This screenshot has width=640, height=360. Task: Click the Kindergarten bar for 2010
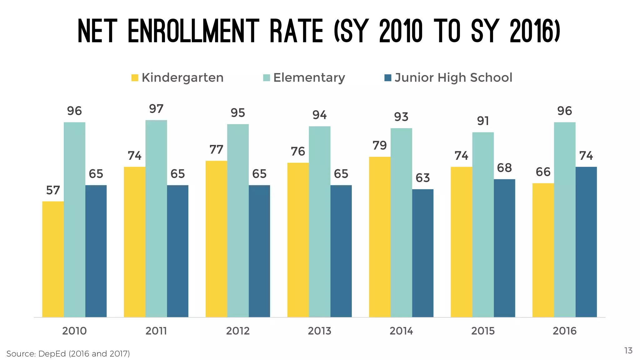[x=53, y=259]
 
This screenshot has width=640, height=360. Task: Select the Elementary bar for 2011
[x=156, y=218]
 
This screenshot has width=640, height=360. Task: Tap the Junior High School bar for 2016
[x=586, y=242]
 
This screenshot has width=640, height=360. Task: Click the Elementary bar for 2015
[x=483, y=225]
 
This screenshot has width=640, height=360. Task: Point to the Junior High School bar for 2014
[x=422, y=253]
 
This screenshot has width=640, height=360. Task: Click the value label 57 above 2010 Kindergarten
[x=53, y=190]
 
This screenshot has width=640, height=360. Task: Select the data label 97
[x=156, y=109]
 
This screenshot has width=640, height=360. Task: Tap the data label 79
[x=380, y=145]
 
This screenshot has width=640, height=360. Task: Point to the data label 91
[x=483, y=121]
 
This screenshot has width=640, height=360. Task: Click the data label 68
[x=504, y=168]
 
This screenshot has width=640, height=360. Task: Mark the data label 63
[x=422, y=178]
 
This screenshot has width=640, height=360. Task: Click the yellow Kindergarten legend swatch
[x=135, y=78]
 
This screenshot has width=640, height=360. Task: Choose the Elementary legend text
[x=309, y=78]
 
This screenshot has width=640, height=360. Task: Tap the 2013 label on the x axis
[x=319, y=331]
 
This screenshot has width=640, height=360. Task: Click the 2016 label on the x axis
[x=564, y=331]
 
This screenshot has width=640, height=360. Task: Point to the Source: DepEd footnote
[x=68, y=354]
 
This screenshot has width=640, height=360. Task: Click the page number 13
[x=628, y=351]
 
